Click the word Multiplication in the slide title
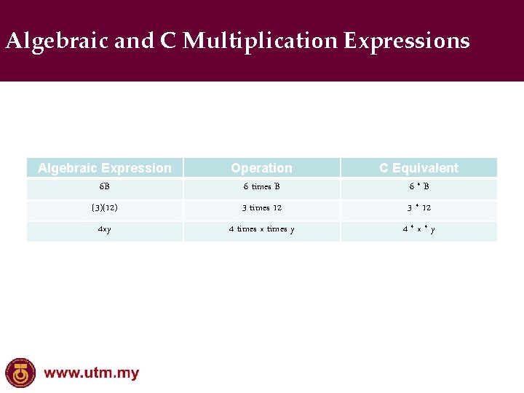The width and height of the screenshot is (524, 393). [260, 41]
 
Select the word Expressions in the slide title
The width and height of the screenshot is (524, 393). [407, 41]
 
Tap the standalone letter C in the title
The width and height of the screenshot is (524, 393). [168, 41]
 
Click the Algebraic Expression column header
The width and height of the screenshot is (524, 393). [105, 168]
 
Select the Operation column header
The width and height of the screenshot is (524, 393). [261, 168]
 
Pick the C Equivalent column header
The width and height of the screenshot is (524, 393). [418, 168]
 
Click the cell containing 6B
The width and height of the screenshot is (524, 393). [105, 187]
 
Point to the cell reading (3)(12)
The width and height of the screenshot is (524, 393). [105, 208]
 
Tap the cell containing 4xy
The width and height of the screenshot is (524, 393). [105, 230]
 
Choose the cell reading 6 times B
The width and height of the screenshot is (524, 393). [261, 187]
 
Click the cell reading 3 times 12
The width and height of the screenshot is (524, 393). [261, 208]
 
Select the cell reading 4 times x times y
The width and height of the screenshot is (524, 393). [261, 230]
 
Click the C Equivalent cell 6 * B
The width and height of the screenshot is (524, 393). [418, 187]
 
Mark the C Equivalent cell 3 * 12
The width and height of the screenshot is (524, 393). [418, 208]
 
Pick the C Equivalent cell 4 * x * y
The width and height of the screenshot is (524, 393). [418, 230]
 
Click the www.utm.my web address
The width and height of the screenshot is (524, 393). [92, 374]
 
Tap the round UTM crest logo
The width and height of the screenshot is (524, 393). [20, 373]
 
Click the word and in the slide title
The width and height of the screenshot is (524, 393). [134, 41]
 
